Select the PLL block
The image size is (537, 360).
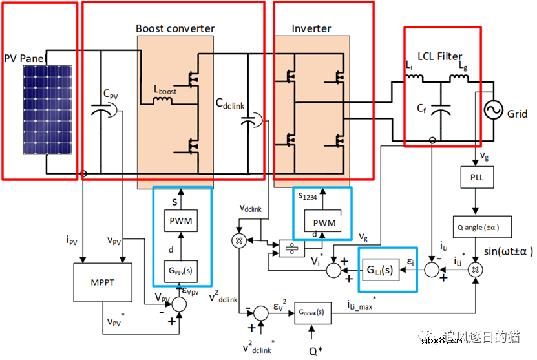477,175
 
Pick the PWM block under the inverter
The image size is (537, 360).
324,223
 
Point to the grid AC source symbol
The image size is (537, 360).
490,112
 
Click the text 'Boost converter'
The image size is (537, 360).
175,28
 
